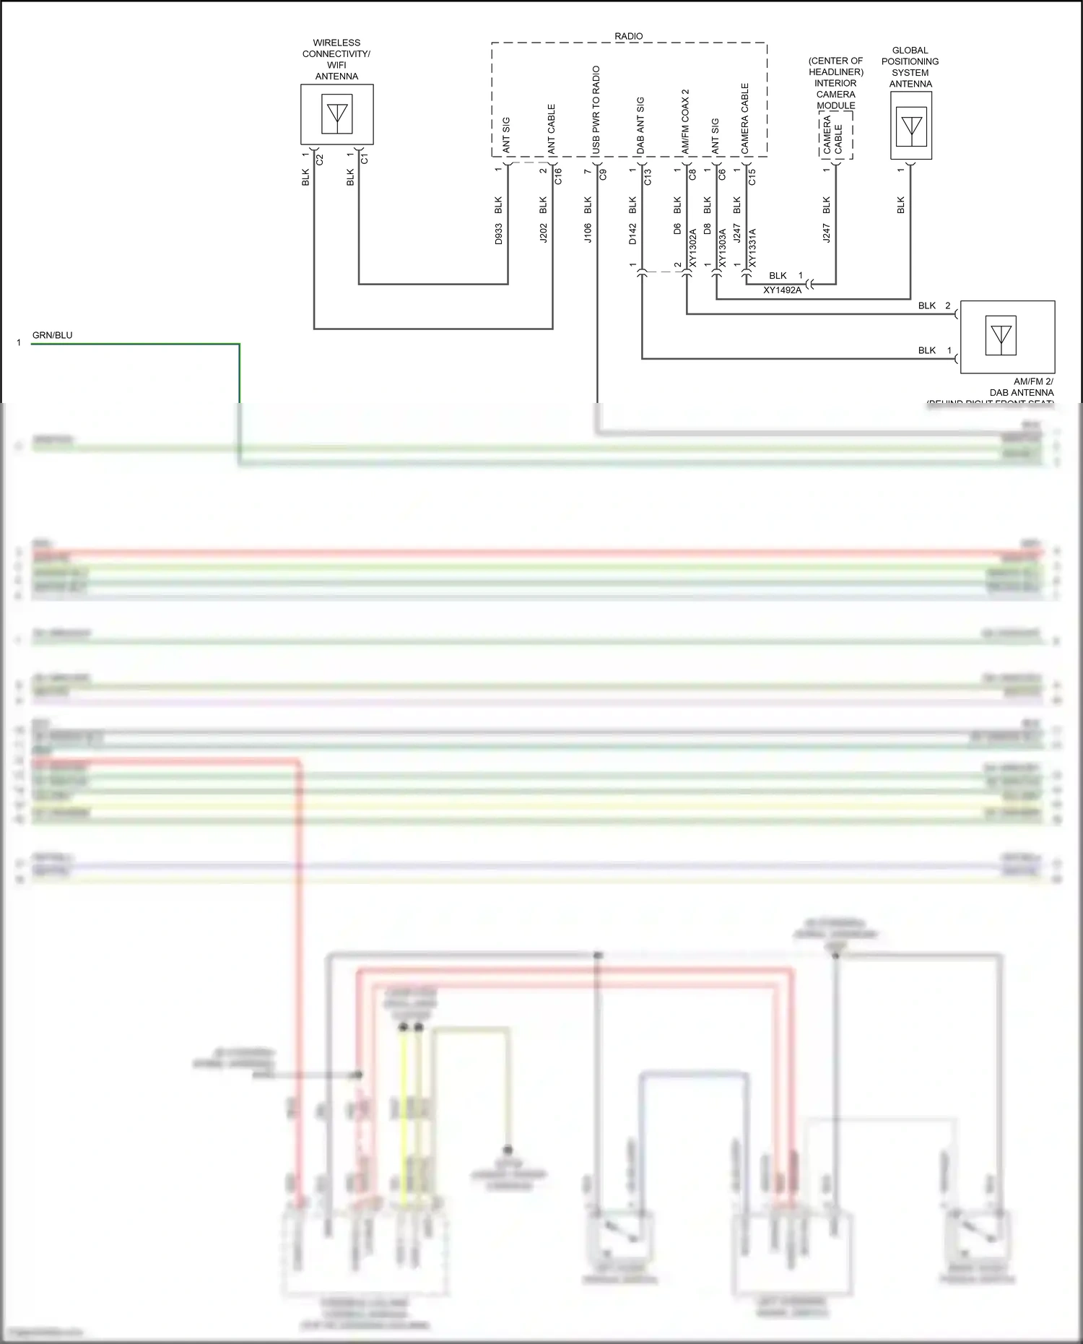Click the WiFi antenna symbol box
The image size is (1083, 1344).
(x=336, y=114)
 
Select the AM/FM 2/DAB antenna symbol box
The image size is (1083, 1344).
(x=1001, y=336)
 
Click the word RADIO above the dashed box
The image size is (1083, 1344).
(x=628, y=36)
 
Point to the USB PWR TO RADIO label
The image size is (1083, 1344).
(x=596, y=110)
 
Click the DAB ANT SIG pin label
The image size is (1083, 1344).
(x=640, y=125)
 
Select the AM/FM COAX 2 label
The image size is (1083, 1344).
(x=685, y=121)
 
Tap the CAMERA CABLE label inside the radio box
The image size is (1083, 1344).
(x=745, y=118)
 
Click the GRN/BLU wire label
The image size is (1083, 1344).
(x=52, y=335)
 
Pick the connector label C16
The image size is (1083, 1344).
(x=558, y=176)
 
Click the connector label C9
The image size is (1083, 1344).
(x=603, y=174)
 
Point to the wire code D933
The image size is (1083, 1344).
(x=499, y=233)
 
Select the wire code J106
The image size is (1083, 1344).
(x=588, y=233)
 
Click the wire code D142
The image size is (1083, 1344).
(x=632, y=233)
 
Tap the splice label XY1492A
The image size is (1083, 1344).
(x=783, y=290)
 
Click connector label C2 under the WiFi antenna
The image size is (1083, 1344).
(x=320, y=159)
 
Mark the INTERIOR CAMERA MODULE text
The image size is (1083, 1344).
(x=835, y=94)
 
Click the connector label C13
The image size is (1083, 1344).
(x=648, y=176)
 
